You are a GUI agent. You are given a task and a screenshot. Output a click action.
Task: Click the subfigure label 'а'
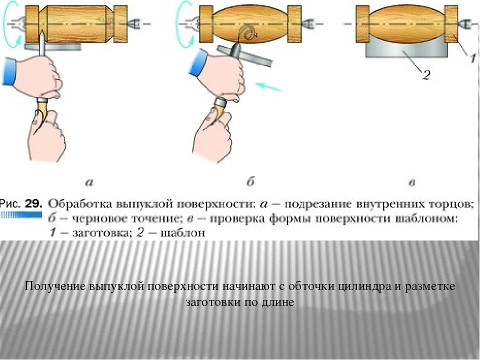point(89,182)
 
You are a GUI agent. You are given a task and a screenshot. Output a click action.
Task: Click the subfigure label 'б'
point(250,182)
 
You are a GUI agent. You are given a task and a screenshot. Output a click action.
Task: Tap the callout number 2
point(426,75)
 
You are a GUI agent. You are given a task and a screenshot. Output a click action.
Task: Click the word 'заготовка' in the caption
point(92,232)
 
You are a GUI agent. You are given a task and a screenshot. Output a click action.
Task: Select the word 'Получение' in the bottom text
point(55,287)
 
